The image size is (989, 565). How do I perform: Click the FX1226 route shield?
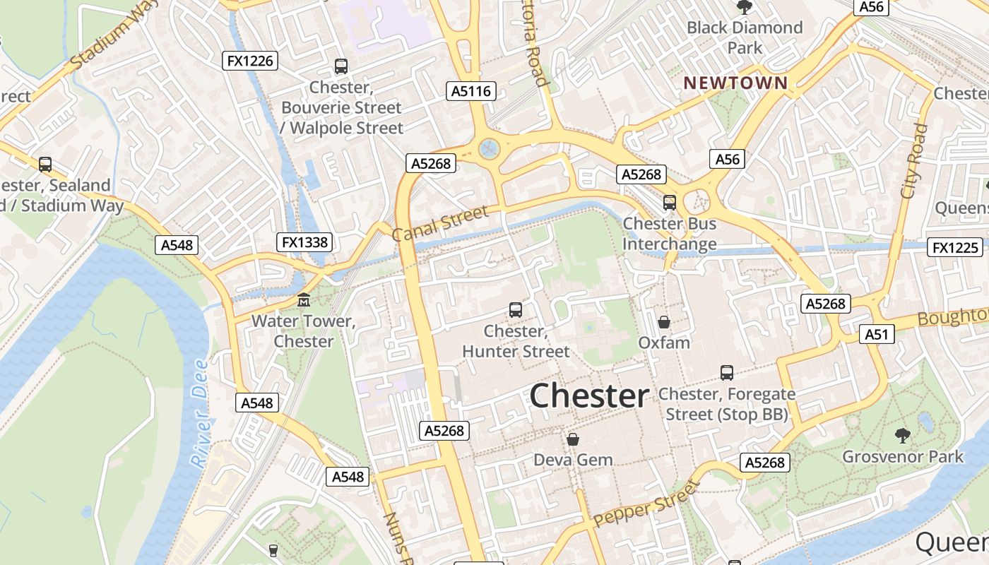click(x=249, y=61)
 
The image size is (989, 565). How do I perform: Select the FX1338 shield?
click(x=304, y=242)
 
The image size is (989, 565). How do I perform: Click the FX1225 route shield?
click(x=956, y=247)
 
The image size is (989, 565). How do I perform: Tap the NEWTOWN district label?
click(x=735, y=83)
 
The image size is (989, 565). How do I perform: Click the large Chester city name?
click(x=588, y=396)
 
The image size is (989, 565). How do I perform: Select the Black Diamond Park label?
click(x=745, y=37)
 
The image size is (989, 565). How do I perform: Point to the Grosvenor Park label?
click(x=903, y=456)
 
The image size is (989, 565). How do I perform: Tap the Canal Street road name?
click(x=439, y=224)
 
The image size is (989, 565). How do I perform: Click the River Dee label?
click(x=200, y=414)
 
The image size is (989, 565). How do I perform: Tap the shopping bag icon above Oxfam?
click(x=664, y=322)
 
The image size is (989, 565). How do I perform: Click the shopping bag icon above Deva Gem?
click(x=573, y=439)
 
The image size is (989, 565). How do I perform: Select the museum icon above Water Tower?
click(x=304, y=300)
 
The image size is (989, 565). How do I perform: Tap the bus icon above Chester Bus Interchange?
click(x=670, y=203)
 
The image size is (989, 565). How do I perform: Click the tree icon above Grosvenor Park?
click(x=902, y=434)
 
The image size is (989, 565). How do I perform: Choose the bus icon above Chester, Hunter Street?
click(x=516, y=309)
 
